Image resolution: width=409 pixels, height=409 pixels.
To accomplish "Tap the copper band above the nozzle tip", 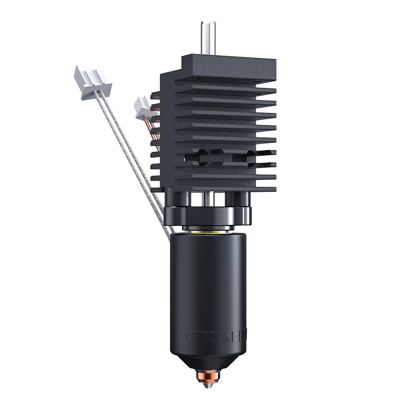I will click(210, 373).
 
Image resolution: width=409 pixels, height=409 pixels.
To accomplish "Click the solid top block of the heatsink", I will click(229, 67).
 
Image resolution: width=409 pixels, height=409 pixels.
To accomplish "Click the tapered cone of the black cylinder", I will click(209, 360).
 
